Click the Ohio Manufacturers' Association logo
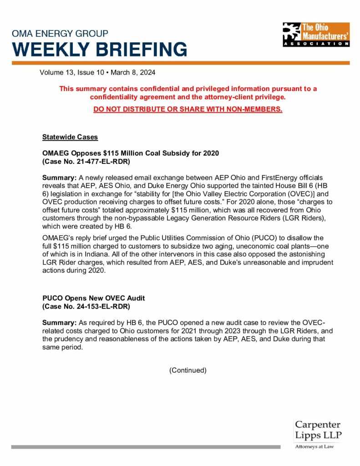[x=316, y=34]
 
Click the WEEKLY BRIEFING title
[x=99, y=48]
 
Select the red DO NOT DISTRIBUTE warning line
[x=188, y=109]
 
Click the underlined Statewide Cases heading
[x=70, y=137]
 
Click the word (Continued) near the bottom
[x=188, y=370]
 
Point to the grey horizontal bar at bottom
[x=146, y=447]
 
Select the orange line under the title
[x=180, y=63]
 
